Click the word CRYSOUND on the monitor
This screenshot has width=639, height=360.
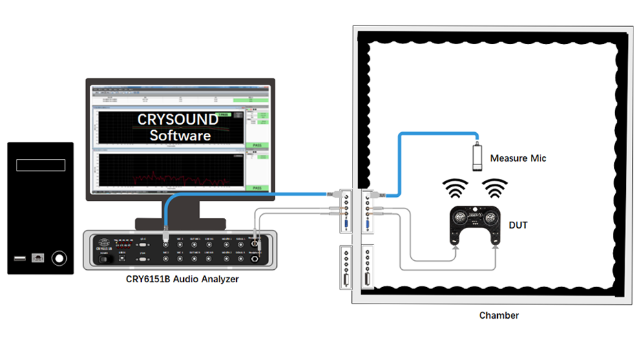click(178, 120)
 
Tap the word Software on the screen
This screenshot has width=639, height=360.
click(180, 136)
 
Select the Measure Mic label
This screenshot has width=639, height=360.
click(518, 158)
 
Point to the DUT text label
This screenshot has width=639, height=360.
click(518, 224)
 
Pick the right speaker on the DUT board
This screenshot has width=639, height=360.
click(490, 218)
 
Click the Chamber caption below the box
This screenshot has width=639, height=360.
click(499, 316)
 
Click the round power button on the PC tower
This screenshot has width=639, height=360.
click(60, 259)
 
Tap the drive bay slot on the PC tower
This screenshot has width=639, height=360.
click(41, 165)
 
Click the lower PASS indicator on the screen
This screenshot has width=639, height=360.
click(257, 188)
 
